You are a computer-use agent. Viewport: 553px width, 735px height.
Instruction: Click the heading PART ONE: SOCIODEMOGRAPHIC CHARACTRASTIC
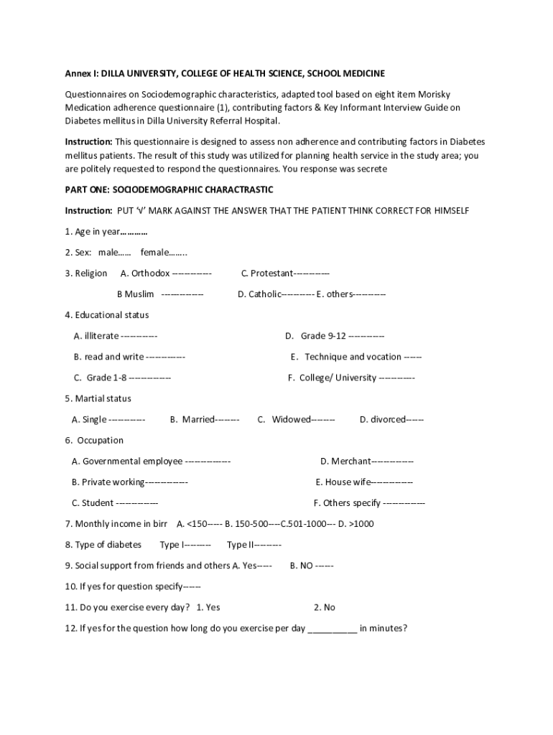pos(169,189)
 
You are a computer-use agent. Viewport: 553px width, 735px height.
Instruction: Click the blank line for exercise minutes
pos(333,629)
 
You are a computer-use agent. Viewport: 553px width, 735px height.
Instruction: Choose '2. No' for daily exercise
pos(325,607)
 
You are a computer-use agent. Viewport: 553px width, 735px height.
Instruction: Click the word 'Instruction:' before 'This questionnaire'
pos(88,141)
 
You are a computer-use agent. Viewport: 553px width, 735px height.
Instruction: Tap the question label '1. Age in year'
pos(92,232)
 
